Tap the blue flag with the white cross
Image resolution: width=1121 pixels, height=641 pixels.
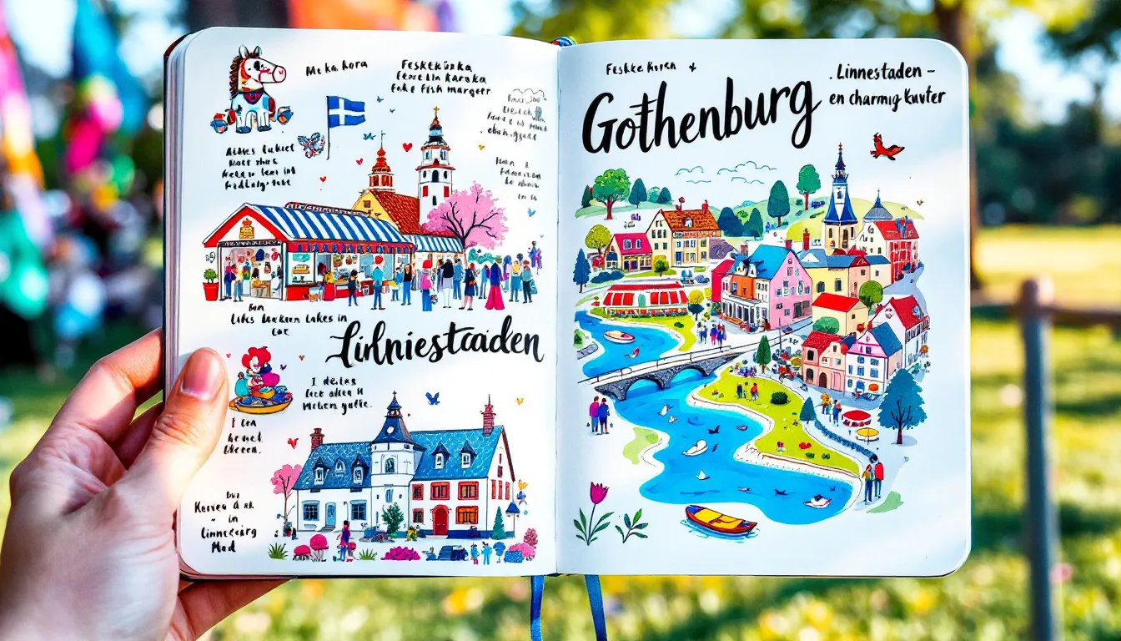coord(346,111)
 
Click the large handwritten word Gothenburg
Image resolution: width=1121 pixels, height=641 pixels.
coord(699,115)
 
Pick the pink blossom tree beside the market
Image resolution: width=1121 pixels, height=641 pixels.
coord(466,216)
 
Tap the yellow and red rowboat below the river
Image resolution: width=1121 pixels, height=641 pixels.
coord(720,520)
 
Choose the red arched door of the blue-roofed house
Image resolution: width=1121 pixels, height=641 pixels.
coord(440,520)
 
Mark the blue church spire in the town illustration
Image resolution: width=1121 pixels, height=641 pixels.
coord(840,191)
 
